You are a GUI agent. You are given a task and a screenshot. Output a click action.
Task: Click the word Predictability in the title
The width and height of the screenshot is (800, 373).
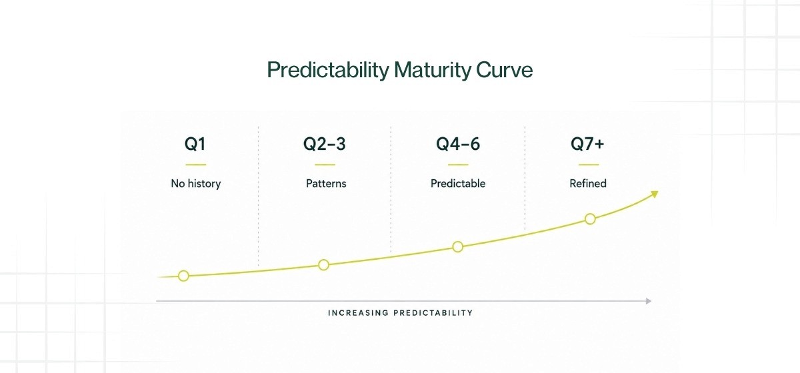pyautogui.click(x=328, y=70)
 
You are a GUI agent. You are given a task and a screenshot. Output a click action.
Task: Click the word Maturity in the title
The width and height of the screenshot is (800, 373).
pyautogui.click(x=433, y=70)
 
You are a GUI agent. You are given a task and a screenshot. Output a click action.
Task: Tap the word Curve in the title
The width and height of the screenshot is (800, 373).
pyautogui.click(x=504, y=70)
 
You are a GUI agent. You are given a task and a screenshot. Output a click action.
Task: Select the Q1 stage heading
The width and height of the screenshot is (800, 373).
pyautogui.click(x=195, y=144)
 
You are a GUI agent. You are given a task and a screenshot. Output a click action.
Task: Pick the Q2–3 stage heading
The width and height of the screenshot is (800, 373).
pyautogui.click(x=324, y=144)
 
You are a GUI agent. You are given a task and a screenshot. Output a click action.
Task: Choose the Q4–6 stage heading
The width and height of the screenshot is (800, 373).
pyautogui.click(x=458, y=144)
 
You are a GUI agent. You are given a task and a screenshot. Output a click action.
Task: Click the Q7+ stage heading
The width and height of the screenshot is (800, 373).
pyautogui.click(x=587, y=144)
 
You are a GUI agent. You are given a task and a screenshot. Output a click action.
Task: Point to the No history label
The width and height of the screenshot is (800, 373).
pyautogui.click(x=196, y=183)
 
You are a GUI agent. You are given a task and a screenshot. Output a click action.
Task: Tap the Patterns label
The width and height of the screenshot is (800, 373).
pyautogui.click(x=326, y=183)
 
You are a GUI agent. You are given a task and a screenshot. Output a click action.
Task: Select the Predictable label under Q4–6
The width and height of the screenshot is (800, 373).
pyautogui.click(x=458, y=183)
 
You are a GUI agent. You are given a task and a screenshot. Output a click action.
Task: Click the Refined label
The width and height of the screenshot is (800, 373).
pyautogui.click(x=588, y=183)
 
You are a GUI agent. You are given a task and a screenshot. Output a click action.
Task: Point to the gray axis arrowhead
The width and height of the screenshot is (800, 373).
pyautogui.click(x=649, y=301)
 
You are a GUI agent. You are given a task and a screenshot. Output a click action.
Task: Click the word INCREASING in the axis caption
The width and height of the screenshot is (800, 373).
pyautogui.click(x=358, y=313)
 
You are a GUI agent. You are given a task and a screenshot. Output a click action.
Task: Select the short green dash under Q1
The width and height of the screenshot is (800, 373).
pyautogui.click(x=196, y=165)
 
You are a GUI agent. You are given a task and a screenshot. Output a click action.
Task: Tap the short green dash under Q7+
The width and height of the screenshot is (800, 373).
pyautogui.click(x=589, y=165)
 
